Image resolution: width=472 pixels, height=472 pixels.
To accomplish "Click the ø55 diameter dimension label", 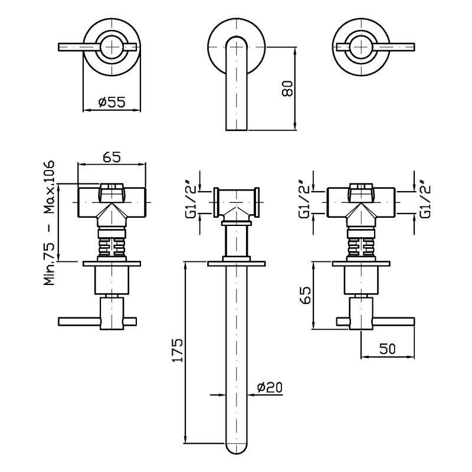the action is coord(112,102).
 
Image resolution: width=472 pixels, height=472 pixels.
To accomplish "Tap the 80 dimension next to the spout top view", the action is coord(287,88).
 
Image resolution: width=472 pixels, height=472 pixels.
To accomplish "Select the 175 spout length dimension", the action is coord(178,350).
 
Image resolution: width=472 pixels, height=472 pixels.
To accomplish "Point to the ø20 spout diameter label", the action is coord(270,387).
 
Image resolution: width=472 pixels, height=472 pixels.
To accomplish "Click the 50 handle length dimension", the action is coord(388,349).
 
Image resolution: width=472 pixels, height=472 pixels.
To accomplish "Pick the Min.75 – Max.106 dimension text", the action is coord(50,223).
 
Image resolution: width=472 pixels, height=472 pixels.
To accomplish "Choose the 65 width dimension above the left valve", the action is coord(112,157).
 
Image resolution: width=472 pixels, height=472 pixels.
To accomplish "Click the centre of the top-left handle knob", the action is coord(112,47).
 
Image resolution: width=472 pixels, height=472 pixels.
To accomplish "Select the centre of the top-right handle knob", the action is coord(362,47).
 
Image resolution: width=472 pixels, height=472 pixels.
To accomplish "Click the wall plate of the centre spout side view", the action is coord(237,264).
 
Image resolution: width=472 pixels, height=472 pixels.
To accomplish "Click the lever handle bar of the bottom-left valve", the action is coord(97,322).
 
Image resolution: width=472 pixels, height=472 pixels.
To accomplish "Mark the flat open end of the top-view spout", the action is coord(237,130).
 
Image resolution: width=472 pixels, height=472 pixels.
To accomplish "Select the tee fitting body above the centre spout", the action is coord(237,202).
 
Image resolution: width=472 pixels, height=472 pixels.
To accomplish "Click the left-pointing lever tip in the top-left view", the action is coord(59,47).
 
